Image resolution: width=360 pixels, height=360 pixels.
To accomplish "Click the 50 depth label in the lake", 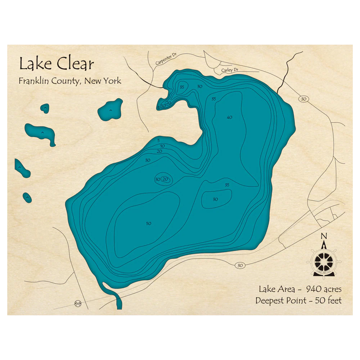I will pyautogui.click(x=148, y=224).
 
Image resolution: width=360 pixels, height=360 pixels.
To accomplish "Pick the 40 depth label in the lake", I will pyautogui.click(x=229, y=117).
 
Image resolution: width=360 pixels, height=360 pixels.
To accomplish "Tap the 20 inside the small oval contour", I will pyautogui.click(x=165, y=179).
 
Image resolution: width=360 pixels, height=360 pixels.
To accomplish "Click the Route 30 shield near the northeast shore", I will pyautogui.click(x=303, y=99).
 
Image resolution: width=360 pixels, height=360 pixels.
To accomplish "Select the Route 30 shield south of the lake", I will pyautogui.click(x=240, y=265).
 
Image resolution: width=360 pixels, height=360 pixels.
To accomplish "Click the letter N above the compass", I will pyautogui.click(x=324, y=236).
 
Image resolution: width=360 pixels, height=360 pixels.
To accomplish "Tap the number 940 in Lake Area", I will pyautogui.click(x=314, y=289).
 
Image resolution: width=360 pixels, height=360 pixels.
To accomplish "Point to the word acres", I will pyautogui.click(x=332, y=289).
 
